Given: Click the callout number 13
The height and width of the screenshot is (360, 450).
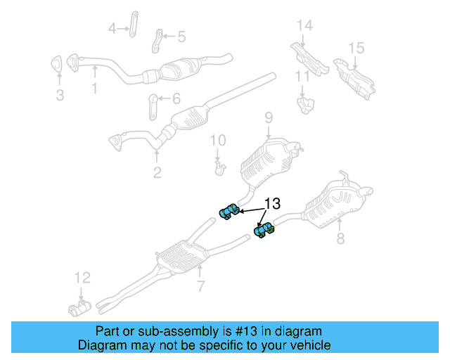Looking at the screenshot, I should coord(272,204).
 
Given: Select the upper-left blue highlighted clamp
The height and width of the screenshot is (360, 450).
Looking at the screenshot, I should coord(228,212).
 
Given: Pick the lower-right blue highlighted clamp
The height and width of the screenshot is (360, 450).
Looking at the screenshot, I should coord(264,230).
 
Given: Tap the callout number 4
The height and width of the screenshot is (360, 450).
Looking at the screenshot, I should coord(112,28).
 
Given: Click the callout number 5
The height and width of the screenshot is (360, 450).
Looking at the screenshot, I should coord(181,37).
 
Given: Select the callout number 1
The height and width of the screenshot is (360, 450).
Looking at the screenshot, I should coord(94,89).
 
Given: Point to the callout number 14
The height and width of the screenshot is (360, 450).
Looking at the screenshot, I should coord(304,26).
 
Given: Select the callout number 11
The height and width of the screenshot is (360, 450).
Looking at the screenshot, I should coord(302,76).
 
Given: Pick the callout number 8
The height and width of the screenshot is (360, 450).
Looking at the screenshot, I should coord(340,239).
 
